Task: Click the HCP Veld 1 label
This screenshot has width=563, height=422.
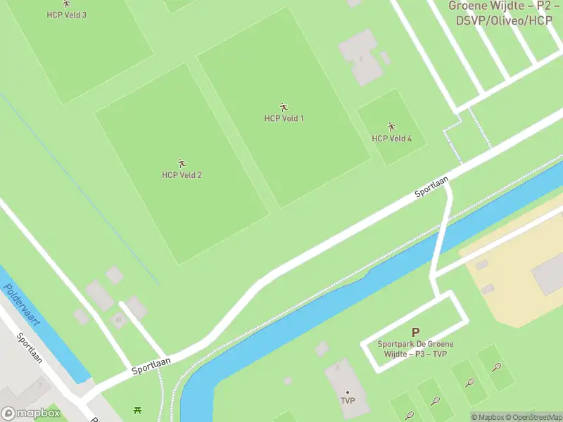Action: tap(284, 118)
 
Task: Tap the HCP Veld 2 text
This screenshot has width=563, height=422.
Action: tap(182, 175)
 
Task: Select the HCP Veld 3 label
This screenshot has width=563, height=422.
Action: tap(67, 15)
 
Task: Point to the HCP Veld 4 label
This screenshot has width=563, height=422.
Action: tap(391, 139)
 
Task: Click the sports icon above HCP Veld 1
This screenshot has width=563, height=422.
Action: tap(284, 107)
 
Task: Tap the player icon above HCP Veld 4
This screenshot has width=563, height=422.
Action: tap(391, 127)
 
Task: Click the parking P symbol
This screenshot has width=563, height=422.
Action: tap(415, 332)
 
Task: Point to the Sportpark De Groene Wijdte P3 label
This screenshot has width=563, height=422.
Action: tap(415, 349)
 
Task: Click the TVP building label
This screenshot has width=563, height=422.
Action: tap(347, 402)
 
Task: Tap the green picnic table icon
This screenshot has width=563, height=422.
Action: tap(137, 409)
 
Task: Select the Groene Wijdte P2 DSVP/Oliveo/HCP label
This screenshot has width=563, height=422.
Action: tap(504, 13)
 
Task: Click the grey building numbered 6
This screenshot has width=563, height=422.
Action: tap(361, 58)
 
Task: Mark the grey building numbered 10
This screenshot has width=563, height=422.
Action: tap(118, 319)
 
